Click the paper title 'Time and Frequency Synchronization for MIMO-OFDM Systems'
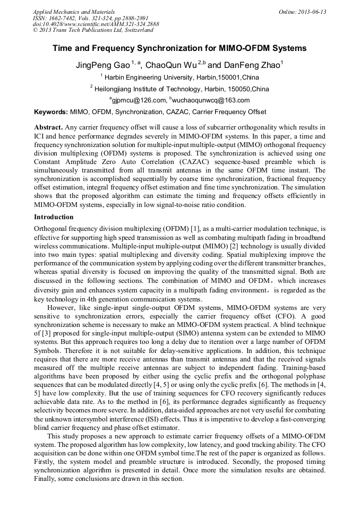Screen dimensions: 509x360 (179, 48)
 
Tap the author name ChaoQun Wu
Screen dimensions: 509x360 (170, 65)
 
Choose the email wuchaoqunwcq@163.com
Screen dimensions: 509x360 (211, 100)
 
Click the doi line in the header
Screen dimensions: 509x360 (96, 24)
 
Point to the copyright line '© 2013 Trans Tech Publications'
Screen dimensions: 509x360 (93, 30)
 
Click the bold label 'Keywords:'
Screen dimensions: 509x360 (51, 112)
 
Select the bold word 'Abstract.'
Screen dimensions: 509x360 (49, 127)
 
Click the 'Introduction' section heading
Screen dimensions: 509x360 (54, 217)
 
